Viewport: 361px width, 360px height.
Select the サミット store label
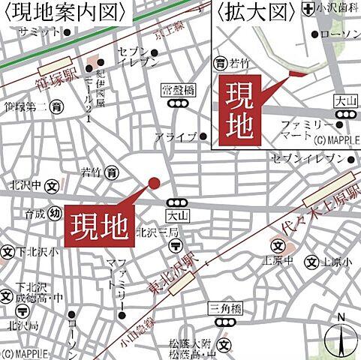pyautogui.click(x=39, y=31)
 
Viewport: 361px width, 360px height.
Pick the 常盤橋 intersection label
pyautogui.click(x=178, y=90)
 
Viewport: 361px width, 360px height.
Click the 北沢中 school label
pyautogui.click(x=24, y=184)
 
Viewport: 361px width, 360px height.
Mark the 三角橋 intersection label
pyautogui.click(x=224, y=307)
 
